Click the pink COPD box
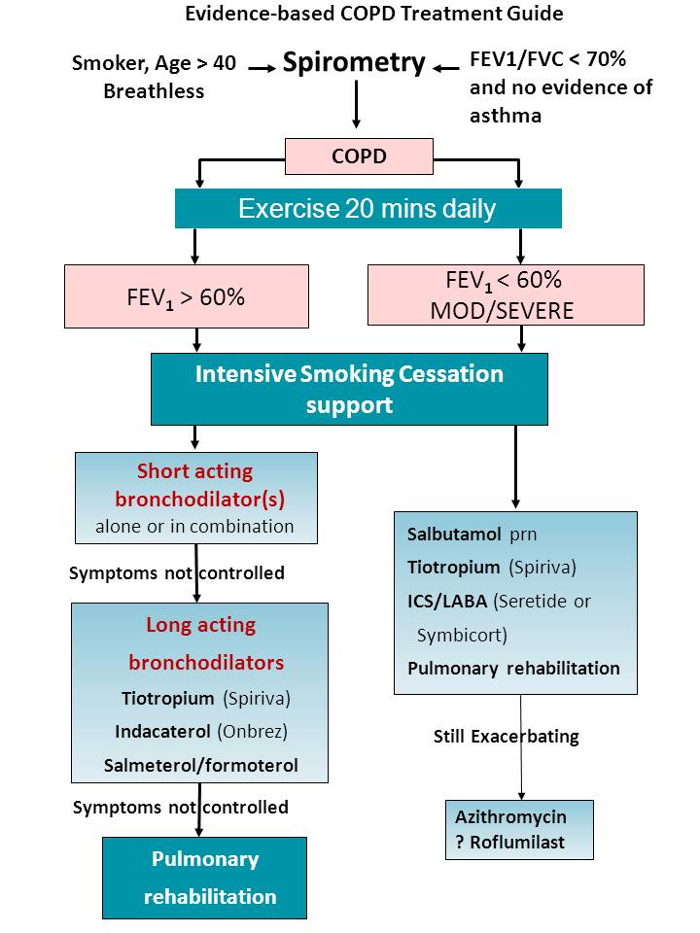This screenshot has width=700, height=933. click(359, 155)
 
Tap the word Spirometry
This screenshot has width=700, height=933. click(354, 64)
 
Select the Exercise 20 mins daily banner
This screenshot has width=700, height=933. click(367, 208)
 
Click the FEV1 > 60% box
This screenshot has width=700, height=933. click(187, 296)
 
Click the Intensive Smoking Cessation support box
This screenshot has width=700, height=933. click(349, 389)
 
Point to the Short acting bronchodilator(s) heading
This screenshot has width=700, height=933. click(195, 485)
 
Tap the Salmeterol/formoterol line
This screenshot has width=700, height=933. click(200, 765)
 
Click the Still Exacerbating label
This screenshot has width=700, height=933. click(506, 736)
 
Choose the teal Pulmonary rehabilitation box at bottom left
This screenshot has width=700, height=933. click(204, 878)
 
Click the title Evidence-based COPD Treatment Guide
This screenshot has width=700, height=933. click(374, 14)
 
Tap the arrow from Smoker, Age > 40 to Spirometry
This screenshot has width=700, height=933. click(261, 68)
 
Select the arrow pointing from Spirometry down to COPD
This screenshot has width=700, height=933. click(357, 105)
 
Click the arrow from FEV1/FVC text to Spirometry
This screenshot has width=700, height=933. click(446, 68)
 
